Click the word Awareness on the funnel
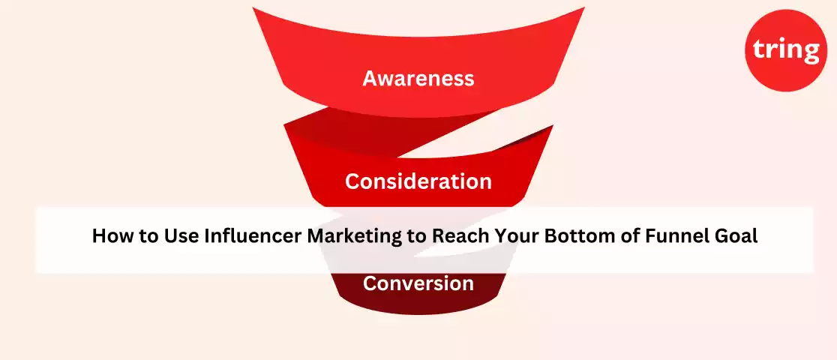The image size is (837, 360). (418, 79)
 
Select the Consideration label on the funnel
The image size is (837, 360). (418, 181)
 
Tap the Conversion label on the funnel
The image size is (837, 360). (418, 283)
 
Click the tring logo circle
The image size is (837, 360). (785, 50)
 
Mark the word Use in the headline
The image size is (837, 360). (180, 236)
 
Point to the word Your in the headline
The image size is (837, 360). (512, 236)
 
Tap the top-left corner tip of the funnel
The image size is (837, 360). (253, 7)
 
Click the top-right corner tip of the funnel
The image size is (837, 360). (584, 7)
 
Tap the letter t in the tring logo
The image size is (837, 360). (759, 50)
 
